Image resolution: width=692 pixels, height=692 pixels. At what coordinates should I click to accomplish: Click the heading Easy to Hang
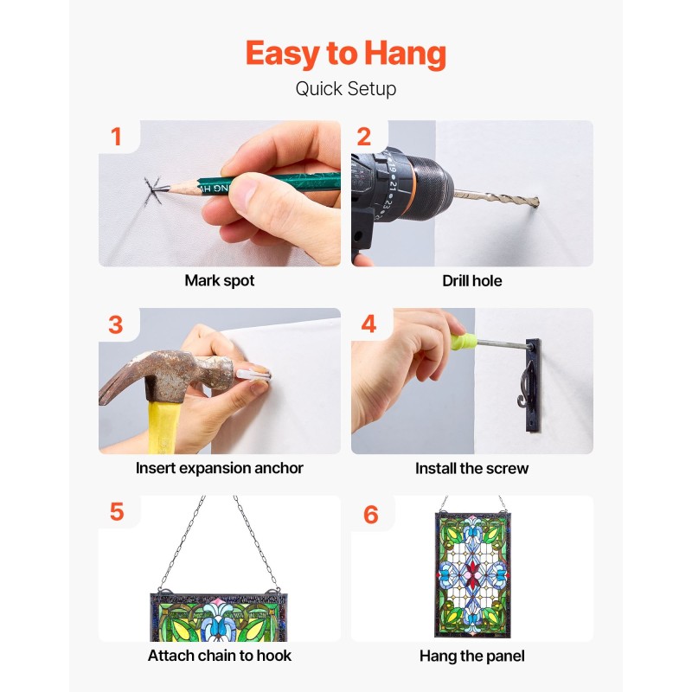[x=345, y=54]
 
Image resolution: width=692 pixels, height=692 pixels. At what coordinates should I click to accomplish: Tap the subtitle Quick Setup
[x=345, y=89]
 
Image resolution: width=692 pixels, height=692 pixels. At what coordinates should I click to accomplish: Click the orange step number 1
[x=116, y=137]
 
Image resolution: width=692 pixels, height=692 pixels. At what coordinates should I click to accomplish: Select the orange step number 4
[x=368, y=324]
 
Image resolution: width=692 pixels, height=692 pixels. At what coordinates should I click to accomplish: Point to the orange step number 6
[x=371, y=515]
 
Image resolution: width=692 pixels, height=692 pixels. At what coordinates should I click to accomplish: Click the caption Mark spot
[x=220, y=280]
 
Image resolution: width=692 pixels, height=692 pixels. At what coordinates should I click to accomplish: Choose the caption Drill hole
[x=471, y=280]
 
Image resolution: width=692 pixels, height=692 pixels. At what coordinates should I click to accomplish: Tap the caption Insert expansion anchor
[x=220, y=468]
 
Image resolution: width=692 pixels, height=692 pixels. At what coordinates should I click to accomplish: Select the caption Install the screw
[x=471, y=468]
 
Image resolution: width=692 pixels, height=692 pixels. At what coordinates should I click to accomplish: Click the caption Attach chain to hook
[x=220, y=656]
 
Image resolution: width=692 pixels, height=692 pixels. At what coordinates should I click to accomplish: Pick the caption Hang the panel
[x=471, y=657]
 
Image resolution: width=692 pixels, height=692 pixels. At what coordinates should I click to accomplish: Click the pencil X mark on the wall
[x=153, y=190]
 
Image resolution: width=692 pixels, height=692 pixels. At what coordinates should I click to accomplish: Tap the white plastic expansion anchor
[x=253, y=375]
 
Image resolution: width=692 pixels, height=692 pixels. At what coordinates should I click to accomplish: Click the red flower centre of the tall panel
[x=472, y=574]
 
